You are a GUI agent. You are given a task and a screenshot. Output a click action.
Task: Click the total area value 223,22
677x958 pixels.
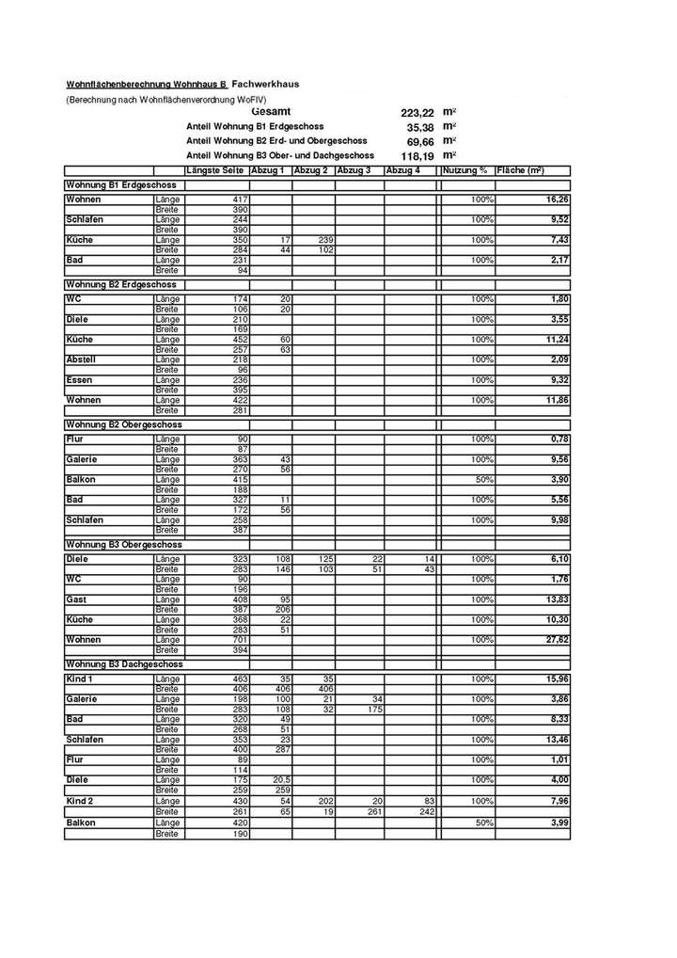(416, 112)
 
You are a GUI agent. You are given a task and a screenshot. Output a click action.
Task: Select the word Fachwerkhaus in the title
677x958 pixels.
(265, 84)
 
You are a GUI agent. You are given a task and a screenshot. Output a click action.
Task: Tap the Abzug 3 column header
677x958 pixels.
(354, 170)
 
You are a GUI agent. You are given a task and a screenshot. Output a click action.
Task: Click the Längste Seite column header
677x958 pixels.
(215, 170)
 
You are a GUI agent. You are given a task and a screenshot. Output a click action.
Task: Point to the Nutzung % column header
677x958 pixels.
(464, 170)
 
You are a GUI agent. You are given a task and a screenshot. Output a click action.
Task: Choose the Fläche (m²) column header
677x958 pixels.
(520, 170)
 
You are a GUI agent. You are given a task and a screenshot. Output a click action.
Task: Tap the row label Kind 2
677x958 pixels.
(80, 800)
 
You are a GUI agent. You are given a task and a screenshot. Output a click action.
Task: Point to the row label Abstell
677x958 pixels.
(81, 359)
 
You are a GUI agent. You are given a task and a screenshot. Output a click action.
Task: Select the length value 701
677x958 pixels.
(239, 640)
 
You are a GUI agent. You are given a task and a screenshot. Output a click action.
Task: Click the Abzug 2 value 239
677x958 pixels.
(325, 240)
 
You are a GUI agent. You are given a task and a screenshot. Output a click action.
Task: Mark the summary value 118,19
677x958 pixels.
(416, 155)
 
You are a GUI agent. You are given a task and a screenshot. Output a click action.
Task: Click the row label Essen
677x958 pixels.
(79, 380)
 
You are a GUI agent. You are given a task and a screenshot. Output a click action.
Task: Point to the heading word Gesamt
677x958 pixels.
(271, 112)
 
